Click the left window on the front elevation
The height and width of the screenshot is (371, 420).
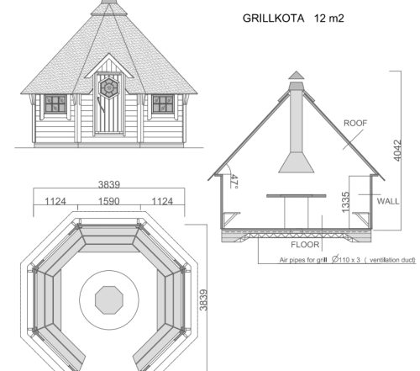coord(55,103)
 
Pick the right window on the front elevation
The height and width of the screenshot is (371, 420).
coord(162,103)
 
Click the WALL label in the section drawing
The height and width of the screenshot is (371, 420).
coord(388,202)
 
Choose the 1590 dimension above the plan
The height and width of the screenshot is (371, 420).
coord(109,203)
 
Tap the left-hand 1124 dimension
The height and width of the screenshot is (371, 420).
coord(55,203)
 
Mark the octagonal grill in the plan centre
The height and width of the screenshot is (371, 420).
coord(109,299)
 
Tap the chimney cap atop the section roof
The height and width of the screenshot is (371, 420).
coord(296,77)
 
